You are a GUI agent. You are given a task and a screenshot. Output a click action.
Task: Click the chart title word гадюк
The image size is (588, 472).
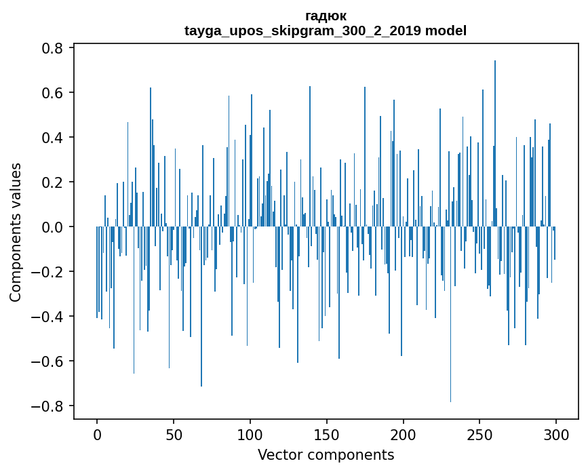[x=326, y=16]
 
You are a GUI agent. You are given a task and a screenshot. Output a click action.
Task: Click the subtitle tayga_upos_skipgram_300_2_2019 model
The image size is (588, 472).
[x=326, y=31]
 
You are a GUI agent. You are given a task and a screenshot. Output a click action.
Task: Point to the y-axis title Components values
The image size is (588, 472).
[x=16, y=232]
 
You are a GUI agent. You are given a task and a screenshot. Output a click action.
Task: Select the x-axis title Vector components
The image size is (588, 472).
[x=326, y=454]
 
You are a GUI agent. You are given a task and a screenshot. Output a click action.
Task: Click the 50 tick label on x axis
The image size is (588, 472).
[x=174, y=434]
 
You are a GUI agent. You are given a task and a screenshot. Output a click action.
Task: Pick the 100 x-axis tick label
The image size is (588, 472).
[x=250, y=434]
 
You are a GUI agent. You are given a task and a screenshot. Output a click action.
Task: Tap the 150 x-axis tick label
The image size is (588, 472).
[x=327, y=434]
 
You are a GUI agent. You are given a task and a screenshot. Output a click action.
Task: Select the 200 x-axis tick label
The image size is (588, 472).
[x=404, y=434]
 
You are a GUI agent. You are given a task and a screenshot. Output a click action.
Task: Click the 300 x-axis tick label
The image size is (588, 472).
[x=557, y=434]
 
